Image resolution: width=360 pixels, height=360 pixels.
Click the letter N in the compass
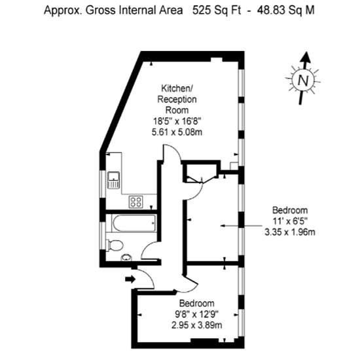tap(303, 81)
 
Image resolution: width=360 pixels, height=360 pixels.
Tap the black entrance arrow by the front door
tap(130, 279)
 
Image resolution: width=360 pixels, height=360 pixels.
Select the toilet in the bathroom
tap(115, 245)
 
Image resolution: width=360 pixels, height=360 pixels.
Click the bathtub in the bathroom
tap(134, 223)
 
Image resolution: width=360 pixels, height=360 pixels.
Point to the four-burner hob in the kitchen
tap(135, 202)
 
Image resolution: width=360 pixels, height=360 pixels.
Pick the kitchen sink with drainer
tap(114, 180)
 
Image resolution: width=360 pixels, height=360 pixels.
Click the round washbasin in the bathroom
tap(126, 258)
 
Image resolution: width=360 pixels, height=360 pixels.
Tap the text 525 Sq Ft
tap(217, 10)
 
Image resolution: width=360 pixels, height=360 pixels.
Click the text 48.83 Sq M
tap(286, 10)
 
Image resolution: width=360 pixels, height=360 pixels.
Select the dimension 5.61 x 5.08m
tap(177, 132)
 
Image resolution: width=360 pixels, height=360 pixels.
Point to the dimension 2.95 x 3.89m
tap(197, 325)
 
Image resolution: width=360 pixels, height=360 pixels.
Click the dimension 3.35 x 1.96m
tap(290, 232)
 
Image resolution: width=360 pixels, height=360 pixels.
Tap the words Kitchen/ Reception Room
tap(177, 99)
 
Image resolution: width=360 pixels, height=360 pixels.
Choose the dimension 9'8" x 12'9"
tap(197, 314)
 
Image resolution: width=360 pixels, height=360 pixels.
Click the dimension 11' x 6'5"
tap(290, 221)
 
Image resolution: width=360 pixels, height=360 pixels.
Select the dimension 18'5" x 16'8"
tap(177, 121)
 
